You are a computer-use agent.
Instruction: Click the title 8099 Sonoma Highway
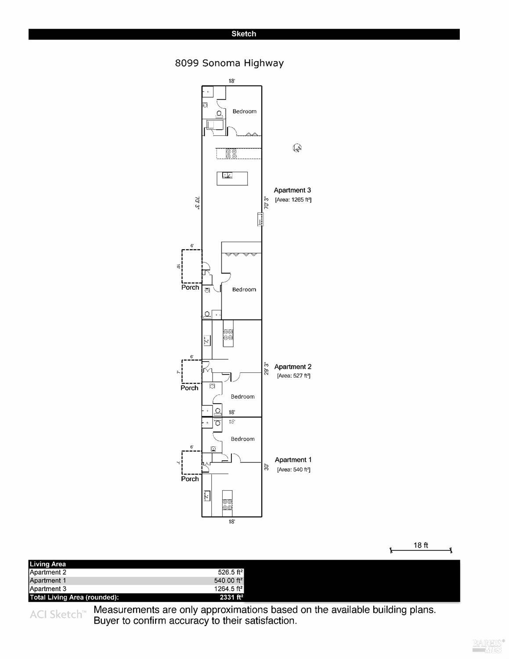coord(229,63)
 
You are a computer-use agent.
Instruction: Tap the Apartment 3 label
coord(292,190)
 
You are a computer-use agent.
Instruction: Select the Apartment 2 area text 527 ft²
coord(293,376)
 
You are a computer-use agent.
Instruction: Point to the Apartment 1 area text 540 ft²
coord(293,470)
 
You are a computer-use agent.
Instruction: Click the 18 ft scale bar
coord(421,550)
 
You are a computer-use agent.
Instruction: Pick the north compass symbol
coord(297,148)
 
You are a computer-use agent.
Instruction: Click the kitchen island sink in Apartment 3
coord(227,175)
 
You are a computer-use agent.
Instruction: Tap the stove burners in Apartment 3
coord(231,154)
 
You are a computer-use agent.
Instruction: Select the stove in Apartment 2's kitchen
coord(228,335)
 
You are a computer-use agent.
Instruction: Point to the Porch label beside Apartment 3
coord(190,288)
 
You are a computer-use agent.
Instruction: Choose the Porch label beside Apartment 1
coord(190,479)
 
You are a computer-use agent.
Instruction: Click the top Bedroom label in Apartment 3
coord(244,112)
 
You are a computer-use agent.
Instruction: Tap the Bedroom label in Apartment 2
coord(242,397)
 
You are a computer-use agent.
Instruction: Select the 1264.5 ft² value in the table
coord(228,589)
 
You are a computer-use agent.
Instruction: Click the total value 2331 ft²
coord(231,597)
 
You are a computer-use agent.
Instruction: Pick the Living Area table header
coord(47,564)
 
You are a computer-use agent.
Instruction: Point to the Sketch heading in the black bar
coord(244,34)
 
